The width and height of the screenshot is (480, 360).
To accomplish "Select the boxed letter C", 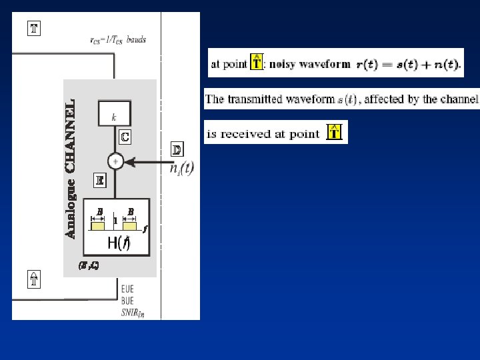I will pyautogui.click(x=125, y=137).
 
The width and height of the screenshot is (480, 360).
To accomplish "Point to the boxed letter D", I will pyautogui.click(x=177, y=149).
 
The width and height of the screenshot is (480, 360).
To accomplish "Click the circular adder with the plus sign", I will pyautogui.click(x=115, y=161).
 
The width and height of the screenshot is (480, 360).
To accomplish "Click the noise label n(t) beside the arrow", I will pyautogui.click(x=182, y=168).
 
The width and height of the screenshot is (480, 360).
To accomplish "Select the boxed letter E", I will pyautogui.click(x=99, y=179).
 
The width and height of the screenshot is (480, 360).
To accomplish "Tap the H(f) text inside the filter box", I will pyautogui.click(x=119, y=243).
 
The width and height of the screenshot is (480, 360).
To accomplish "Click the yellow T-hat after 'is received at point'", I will pyautogui.click(x=335, y=133).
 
